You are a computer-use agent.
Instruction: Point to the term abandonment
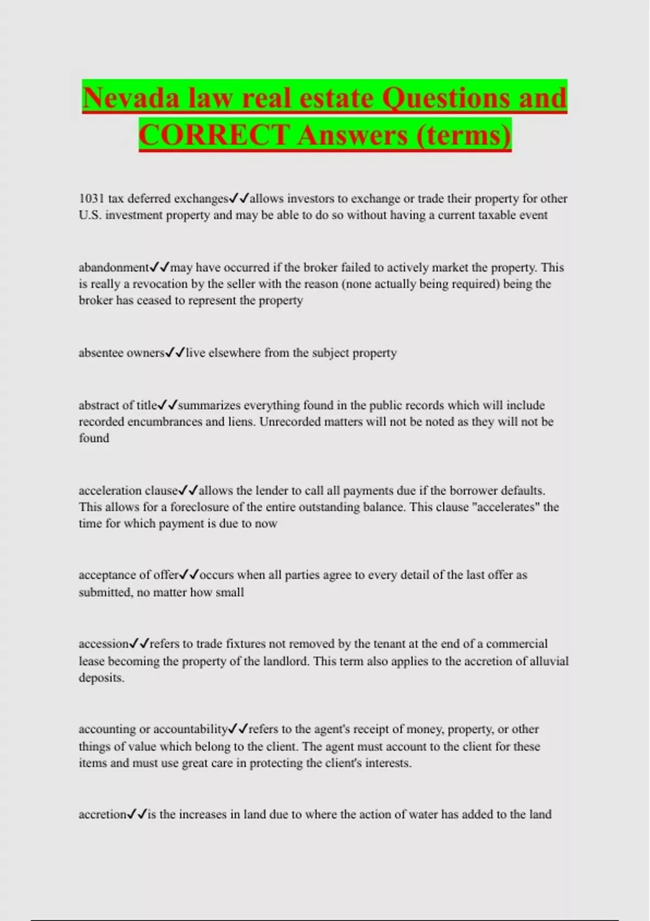(x=114, y=268)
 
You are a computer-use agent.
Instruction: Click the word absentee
(x=101, y=353)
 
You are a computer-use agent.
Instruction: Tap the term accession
(x=103, y=644)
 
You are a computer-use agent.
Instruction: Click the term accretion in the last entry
(x=102, y=814)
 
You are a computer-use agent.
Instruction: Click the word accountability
(x=190, y=729)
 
